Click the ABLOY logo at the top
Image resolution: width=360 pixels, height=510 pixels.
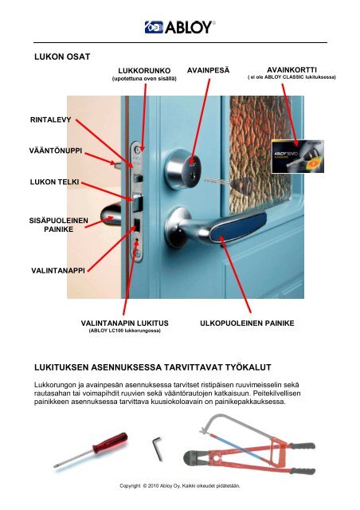click(179, 28)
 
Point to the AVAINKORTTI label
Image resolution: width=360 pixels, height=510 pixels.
click(291, 70)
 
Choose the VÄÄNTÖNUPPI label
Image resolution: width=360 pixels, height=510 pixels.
click(53, 151)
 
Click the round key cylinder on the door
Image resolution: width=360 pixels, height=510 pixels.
click(183, 168)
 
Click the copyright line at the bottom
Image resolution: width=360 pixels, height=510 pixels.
click(178, 484)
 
